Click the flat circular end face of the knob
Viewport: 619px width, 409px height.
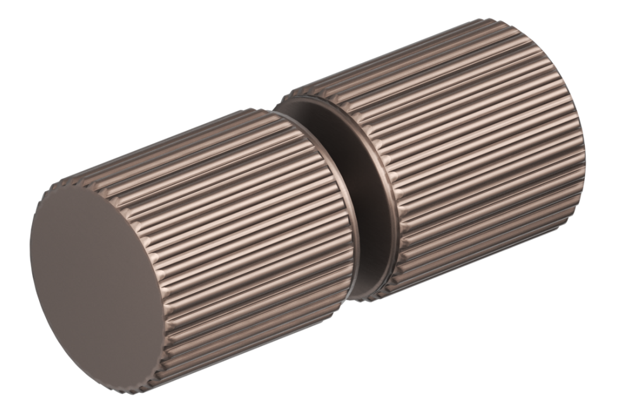point(95,284)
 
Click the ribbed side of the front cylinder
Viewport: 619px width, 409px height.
point(253,252)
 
